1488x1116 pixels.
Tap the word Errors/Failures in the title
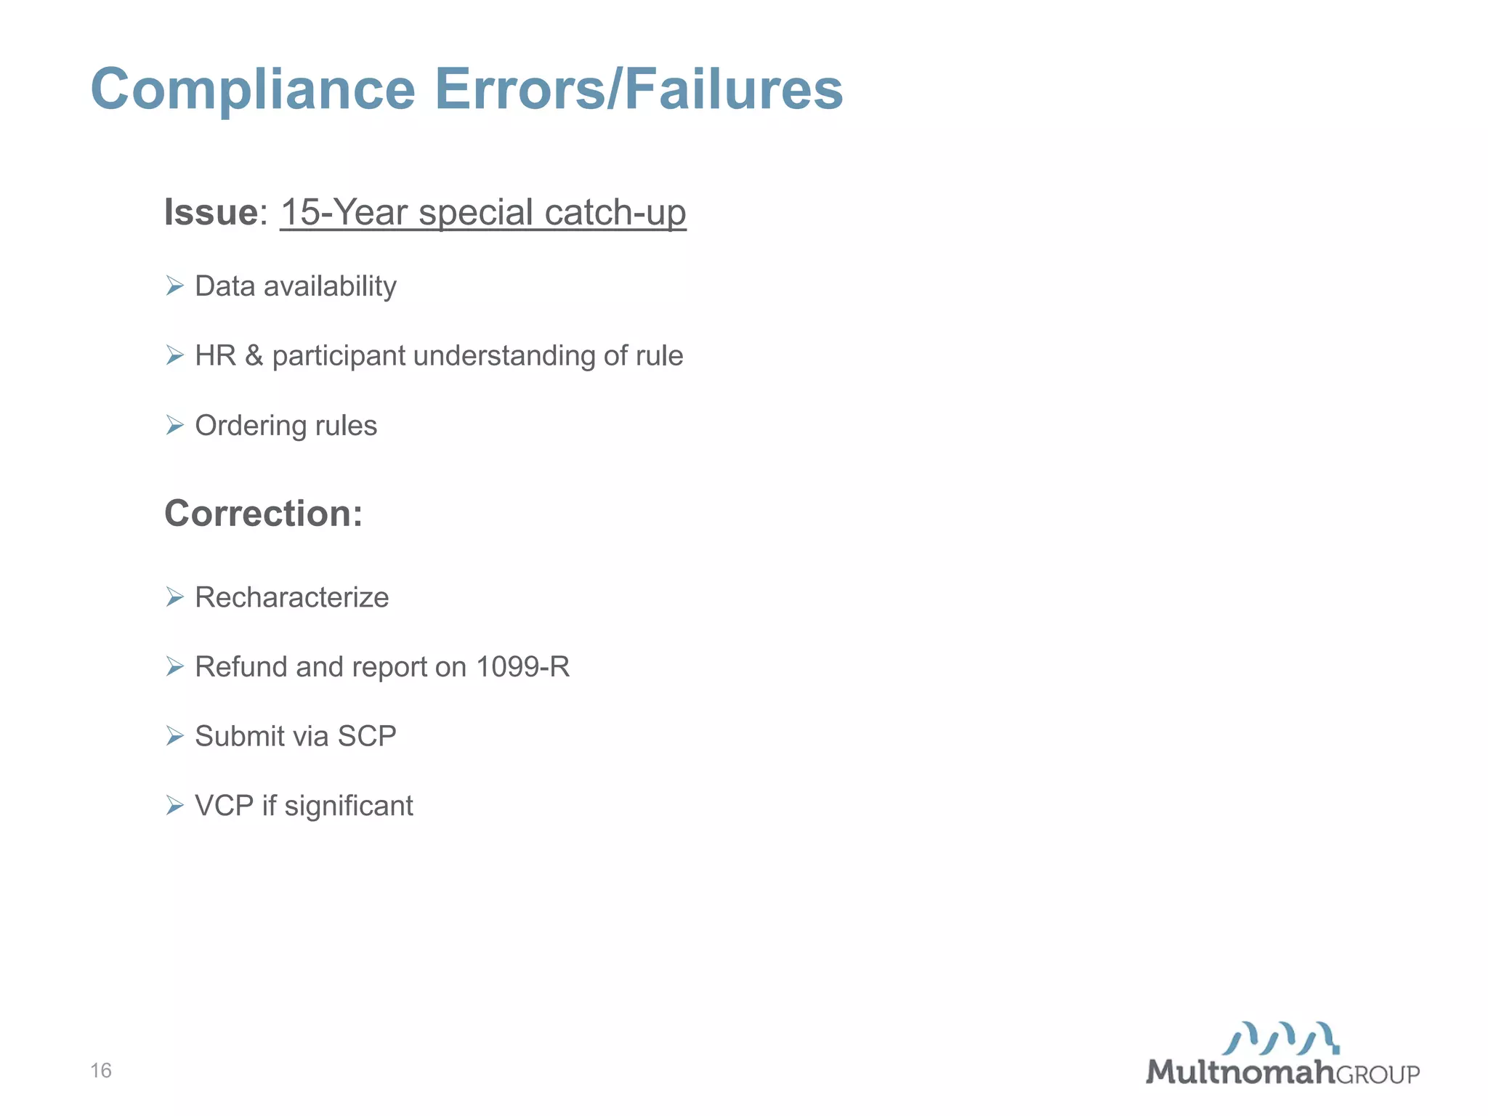639,89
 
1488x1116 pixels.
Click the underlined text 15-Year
344,212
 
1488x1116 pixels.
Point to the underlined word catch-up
615,212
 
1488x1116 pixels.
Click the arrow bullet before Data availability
174,286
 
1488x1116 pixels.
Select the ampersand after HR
254,355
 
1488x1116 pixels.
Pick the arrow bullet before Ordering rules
174,425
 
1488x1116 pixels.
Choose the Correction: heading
263,514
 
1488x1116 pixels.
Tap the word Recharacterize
292,597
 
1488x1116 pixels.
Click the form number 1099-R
522,666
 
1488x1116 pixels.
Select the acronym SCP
367,736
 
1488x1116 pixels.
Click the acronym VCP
224,806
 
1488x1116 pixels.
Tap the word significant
349,806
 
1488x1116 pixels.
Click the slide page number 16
101,1070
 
